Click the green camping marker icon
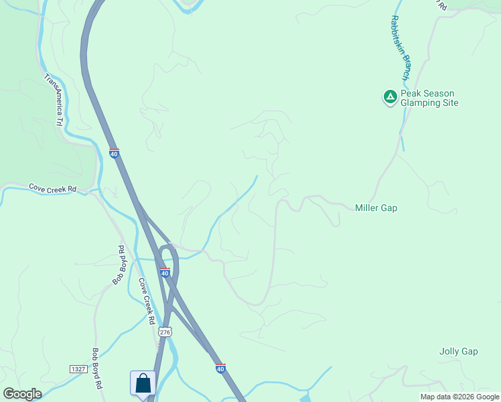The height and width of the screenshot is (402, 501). coord(390,98)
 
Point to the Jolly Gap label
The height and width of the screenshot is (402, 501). coord(458,351)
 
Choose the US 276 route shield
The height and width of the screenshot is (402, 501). coord(165,332)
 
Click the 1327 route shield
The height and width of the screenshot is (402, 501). coord(78,369)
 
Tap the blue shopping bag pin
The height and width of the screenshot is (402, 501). coord(143,384)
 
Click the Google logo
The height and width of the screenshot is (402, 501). coord(22,394)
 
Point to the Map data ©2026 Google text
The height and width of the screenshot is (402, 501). coord(459,397)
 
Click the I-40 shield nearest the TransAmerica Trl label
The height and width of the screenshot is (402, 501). coord(115,153)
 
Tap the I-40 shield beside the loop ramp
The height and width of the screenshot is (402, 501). coord(165,273)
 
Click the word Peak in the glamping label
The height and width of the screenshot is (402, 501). coord(411,94)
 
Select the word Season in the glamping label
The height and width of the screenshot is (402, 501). coord(438,94)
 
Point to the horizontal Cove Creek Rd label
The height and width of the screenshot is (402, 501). coord(52,189)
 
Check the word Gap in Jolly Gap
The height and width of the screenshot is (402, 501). coord(469,351)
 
